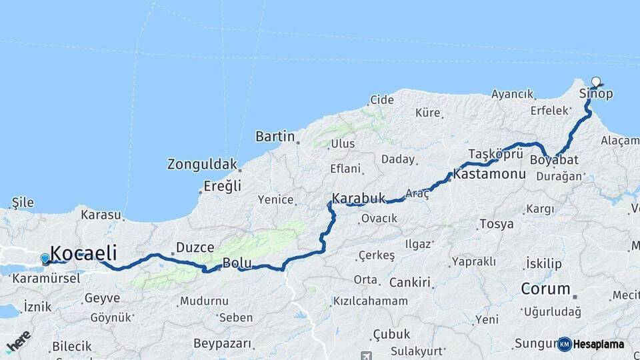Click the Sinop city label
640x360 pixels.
point(596,94)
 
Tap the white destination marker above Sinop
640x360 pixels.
point(596,82)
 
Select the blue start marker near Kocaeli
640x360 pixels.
point(45,258)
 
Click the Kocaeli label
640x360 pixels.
point(83,253)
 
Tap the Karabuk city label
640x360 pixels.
point(359,199)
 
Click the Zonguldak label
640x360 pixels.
point(202,164)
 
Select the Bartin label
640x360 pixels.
point(275,137)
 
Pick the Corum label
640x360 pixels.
point(545,289)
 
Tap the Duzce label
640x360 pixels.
point(195,248)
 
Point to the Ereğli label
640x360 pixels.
point(222,186)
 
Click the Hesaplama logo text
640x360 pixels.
point(598,345)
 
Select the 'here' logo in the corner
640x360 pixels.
point(18,341)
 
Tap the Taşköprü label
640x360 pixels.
point(495,153)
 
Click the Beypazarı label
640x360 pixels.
point(223,344)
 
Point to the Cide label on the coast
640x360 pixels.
point(382,100)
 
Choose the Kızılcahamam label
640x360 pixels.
point(371,301)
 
